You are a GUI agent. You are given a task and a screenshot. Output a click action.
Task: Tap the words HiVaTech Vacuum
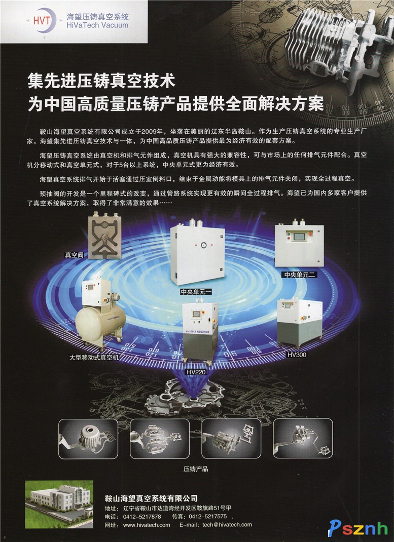97,25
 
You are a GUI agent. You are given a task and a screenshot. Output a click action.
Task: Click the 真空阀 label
74,255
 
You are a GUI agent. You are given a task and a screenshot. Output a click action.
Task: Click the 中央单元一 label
196,292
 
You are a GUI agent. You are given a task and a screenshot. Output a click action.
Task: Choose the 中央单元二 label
300,275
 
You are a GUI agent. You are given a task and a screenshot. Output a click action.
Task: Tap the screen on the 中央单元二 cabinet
299,237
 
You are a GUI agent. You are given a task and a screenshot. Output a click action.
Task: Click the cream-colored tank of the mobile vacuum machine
100,323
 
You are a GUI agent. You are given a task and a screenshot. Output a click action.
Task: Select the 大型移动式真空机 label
94,357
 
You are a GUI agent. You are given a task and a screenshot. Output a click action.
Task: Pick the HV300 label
297,355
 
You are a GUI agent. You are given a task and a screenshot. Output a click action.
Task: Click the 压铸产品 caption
196,469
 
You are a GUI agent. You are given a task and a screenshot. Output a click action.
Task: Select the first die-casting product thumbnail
88,439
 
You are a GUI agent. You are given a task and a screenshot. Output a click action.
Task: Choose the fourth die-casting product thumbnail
303,438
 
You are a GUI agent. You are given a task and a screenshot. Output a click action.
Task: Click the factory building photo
59,504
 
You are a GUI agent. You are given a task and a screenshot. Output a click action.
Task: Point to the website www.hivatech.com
147,525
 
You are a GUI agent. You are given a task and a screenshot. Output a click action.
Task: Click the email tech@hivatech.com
227,525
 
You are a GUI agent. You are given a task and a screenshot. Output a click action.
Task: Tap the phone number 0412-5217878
142,517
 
